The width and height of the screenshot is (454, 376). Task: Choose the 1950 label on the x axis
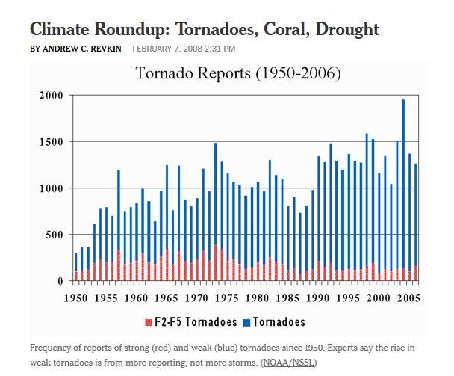coord(75,298)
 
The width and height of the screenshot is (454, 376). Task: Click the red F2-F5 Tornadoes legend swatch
coord(149,322)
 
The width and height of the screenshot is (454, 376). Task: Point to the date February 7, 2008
coord(183,49)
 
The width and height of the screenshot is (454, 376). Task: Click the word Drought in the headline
coord(349,30)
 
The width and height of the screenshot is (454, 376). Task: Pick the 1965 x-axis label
coord(166,298)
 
